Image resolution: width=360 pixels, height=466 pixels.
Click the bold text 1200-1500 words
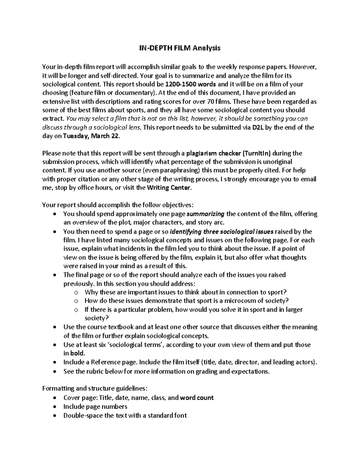tap(190, 84)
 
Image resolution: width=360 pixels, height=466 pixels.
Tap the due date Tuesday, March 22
tap(91, 136)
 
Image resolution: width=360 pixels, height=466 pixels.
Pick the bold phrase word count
tap(197, 398)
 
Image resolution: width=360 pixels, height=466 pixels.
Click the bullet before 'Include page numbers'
tap(54, 407)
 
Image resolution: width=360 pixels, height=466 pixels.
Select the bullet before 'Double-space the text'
tap(54, 416)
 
